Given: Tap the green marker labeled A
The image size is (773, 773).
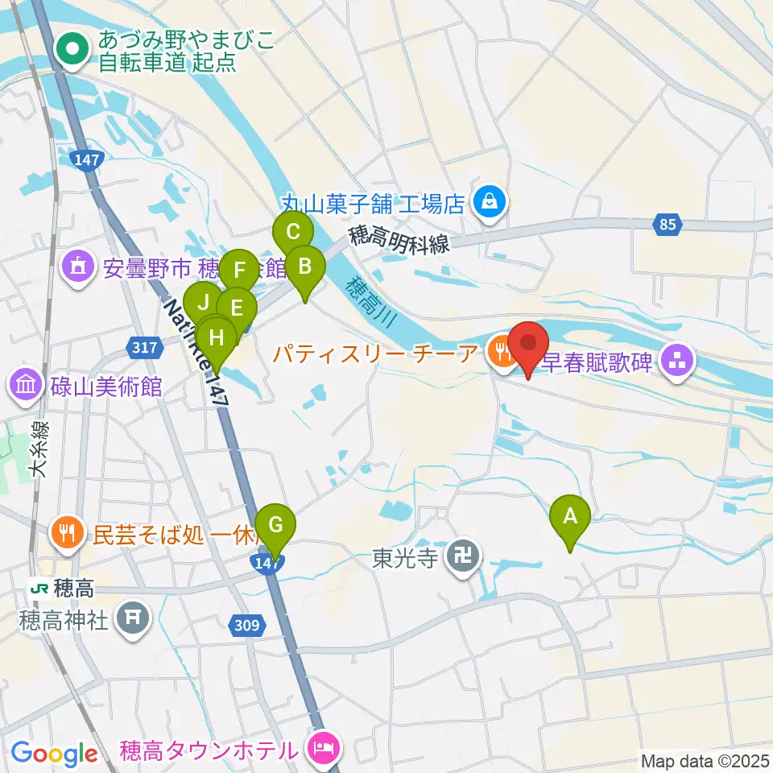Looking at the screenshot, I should [570, 515].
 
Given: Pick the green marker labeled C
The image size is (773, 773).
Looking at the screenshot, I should [293, 234].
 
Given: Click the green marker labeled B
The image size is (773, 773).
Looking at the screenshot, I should [305, 266].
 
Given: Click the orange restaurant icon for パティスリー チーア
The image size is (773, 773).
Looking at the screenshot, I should [502, 353].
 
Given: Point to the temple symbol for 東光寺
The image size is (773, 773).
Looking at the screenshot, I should [462, 556].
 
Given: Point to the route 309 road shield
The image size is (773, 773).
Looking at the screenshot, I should [249, 623].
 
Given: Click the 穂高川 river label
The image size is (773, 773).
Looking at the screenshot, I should [371, 303].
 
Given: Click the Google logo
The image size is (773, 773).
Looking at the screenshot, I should [55, 753].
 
